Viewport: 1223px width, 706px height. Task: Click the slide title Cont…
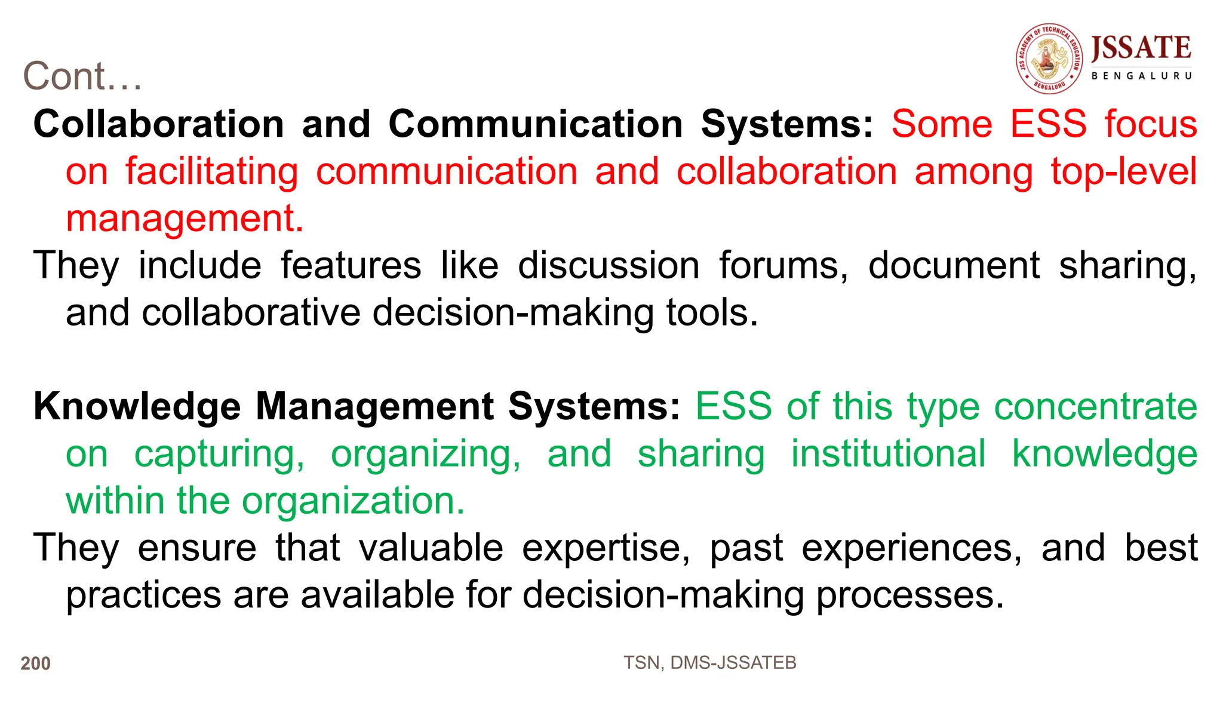coord(82,76)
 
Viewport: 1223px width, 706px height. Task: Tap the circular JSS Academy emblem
coord(1049,59)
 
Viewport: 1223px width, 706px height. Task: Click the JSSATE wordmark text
coord(1141,48)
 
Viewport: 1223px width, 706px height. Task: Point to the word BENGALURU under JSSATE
coord(1141,76)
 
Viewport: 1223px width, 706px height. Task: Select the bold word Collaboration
coord(159,124)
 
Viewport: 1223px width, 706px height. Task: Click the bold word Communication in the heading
coord(536,124)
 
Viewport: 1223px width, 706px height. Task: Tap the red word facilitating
coord(211,172)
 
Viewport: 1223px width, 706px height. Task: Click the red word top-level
coord(1124,172)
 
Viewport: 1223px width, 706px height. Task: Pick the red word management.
coord(185,219)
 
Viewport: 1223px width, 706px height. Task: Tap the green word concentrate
coord(1096,407)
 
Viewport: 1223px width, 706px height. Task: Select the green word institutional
coord(888,454)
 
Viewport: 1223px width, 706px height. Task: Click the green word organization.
coord(353,501)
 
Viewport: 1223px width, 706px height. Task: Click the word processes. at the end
coord(910,596)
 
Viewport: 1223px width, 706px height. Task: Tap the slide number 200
coord(36,664)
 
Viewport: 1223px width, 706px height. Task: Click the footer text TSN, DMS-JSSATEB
coord(710,663)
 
